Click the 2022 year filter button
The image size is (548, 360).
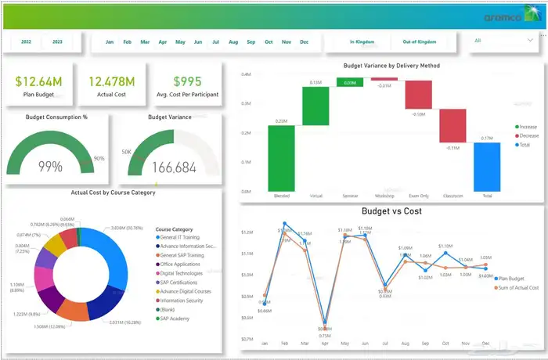[27, 41]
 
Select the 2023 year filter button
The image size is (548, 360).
[57, 41]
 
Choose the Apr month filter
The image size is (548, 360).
[163, 41]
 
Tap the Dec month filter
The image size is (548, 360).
[304, 41]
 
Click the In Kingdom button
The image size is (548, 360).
[362, 41]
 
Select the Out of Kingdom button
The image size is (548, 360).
[419, 41]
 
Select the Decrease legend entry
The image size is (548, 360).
[528, 135]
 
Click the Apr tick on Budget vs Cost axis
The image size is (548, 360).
[324, 343]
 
